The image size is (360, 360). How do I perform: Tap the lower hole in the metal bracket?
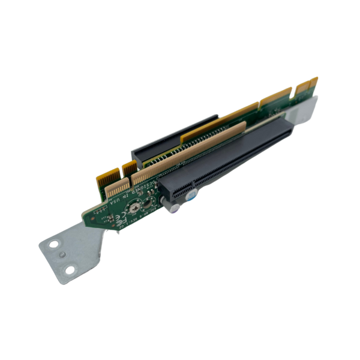click(70, 271)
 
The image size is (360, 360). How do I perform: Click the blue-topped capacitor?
click(193, 196)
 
